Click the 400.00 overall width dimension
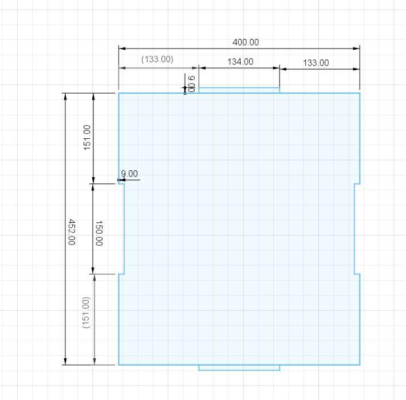coord(246,42)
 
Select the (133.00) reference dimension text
coord(157,59)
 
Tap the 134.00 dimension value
coord(241,62)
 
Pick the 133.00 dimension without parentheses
coord(316,63)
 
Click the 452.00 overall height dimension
coord(72,232)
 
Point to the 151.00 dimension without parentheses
coord(87,138)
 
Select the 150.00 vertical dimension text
coord(99,233)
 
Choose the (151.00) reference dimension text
coord(86,313)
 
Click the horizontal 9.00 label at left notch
coord(129,174)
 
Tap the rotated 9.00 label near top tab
coord(191,84)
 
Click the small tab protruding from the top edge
coord(239,90)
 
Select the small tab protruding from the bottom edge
coord(239,367)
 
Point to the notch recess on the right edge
coord(357,229)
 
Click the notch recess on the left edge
coord(121,229)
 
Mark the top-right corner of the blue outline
coord(360,93)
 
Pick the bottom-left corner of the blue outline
coord(119,365)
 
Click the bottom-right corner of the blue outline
coord(360,365)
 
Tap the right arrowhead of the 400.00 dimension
coord(357,49)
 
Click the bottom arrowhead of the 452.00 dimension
coord(65,362)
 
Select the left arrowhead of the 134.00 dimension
coord(202,68)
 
